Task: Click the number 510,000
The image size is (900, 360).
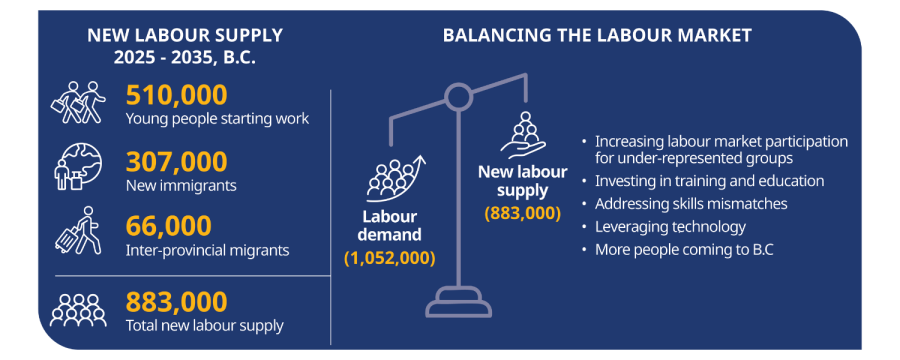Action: pos(177,96)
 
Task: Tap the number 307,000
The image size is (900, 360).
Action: pos(177,161)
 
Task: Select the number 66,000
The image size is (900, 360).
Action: pos(169,226)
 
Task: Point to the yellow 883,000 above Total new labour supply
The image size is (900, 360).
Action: pos(177,301)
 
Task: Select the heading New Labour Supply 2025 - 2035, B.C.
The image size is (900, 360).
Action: pos(185,46)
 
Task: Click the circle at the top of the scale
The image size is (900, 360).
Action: pos(458,97)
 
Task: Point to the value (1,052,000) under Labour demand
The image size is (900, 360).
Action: pos(390,258)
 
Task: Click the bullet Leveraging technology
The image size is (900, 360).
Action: pos(670,227)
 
